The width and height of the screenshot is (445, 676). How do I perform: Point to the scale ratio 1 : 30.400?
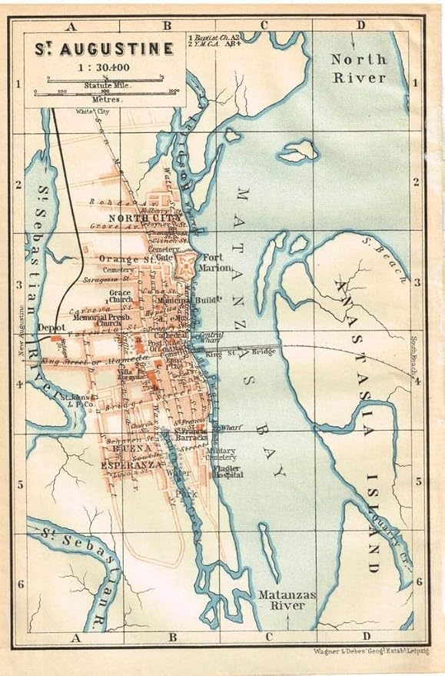(103, 67)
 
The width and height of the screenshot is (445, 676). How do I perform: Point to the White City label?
(90, 112)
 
